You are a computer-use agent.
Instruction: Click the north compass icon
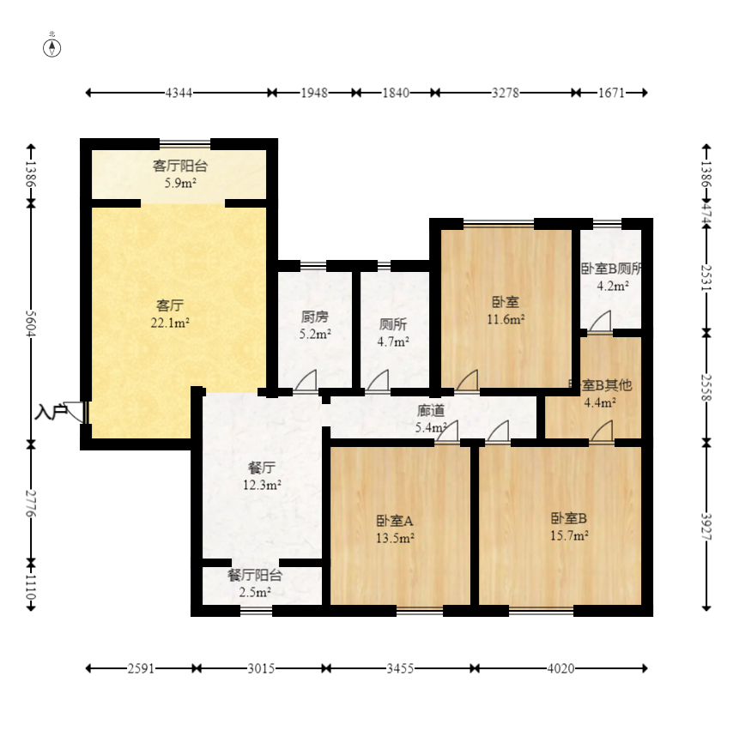52,46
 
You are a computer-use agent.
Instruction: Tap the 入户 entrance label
51,413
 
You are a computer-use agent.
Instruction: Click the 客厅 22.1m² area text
170,313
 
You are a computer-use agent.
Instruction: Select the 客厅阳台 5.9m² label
179,174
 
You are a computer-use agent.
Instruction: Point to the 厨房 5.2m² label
315,325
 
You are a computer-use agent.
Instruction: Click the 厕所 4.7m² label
393,332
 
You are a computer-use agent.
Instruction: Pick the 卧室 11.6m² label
506,310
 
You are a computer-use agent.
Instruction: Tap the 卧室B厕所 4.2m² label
612,276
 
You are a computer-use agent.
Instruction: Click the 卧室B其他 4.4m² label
600,394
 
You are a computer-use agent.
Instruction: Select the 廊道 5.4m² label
431,418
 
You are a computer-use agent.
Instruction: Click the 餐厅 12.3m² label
262,476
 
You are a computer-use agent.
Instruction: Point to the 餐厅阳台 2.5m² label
254,583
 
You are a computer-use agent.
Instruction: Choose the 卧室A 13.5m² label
395,528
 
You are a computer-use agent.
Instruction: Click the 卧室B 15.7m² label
569,527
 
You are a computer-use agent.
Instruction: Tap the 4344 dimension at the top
179,93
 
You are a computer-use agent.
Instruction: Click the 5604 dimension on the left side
32,323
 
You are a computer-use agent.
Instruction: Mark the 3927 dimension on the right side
706,527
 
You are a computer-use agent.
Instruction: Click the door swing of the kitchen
306,380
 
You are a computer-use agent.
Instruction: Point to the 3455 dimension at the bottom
400,668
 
